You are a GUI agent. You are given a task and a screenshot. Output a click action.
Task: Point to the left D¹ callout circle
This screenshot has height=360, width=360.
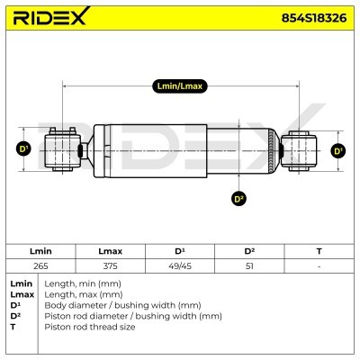(x=24, y=149)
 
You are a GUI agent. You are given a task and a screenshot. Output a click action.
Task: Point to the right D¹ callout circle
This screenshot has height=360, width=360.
(x=338, y=150)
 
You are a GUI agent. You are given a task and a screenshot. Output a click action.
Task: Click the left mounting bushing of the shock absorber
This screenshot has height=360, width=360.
(x=62, y=149)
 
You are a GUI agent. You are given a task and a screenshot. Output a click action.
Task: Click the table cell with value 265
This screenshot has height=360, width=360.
(x=40, y=265)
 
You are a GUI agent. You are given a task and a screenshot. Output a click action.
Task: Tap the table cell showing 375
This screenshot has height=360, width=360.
(x=110, y=265)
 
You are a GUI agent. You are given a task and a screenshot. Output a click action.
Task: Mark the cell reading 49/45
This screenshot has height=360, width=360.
(x=179, y=265)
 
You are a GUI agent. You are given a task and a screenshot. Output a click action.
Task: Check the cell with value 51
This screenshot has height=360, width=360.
(x=249, y=265)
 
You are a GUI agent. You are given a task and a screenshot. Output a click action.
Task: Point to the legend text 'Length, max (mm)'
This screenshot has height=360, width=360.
(x=78, y=294)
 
